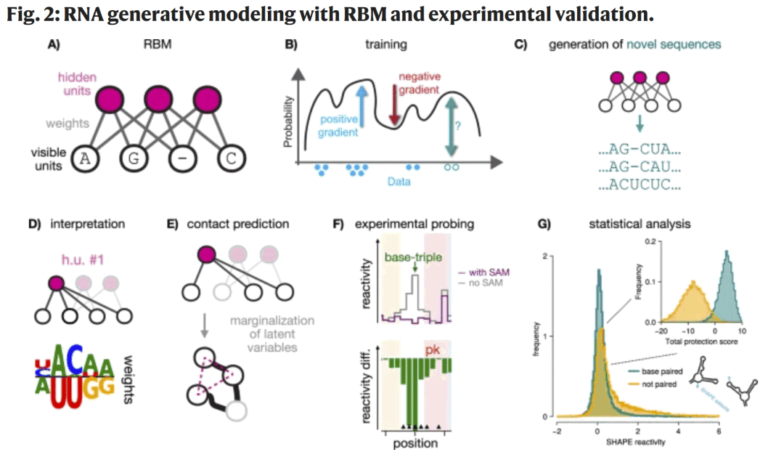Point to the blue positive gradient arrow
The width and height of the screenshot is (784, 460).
click(361, 105)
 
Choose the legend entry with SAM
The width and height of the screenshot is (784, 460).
click(482, 273)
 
